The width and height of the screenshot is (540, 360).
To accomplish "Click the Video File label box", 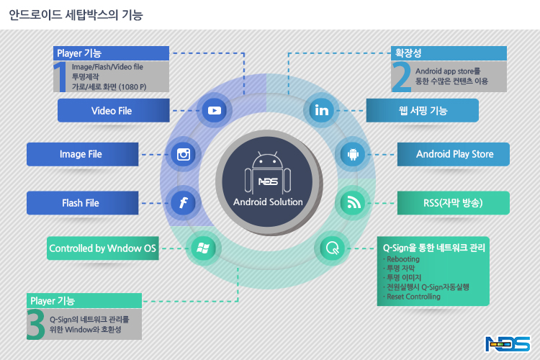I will (112, 111).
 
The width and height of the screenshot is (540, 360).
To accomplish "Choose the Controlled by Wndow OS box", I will (102, 248).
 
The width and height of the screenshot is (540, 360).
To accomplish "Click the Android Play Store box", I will (454, 154).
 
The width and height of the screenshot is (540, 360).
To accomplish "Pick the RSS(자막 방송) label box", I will (454, 203).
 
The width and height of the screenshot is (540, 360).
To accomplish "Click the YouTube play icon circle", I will (214, 110).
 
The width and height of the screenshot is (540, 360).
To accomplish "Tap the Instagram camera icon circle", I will (184, 154).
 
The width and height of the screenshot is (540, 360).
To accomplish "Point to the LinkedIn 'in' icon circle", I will (321, 110).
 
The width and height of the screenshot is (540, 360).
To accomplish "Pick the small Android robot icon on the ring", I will (353, 154).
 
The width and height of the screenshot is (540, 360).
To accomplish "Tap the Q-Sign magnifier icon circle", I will (333, 248).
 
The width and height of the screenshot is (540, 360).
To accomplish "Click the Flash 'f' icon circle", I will (184, 203).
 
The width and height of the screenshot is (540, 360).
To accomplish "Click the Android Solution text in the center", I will (269, 202).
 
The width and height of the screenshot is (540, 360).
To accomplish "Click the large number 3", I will (35, 324).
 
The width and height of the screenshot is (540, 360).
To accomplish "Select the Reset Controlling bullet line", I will (413, 296).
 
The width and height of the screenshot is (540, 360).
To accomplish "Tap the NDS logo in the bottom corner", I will (508, 343).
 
